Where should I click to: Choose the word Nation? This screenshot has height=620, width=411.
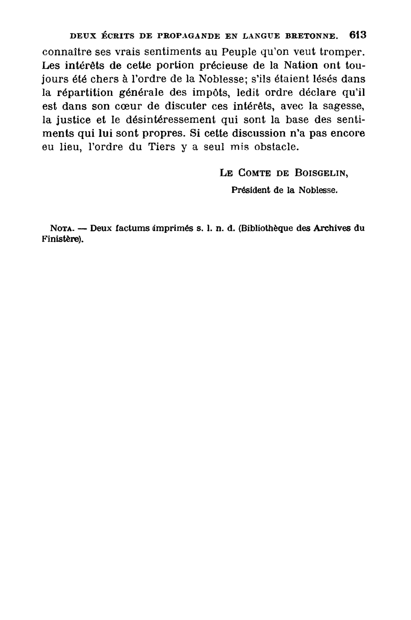pyautogui.click(x=300, y=65)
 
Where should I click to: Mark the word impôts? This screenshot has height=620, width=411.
pyautogui.click(x=208, y=93)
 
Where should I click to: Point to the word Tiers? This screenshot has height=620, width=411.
pyautogui.click(x=162, y=147)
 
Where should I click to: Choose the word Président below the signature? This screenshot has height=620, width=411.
pyautogui.click(x=250, y=190)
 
